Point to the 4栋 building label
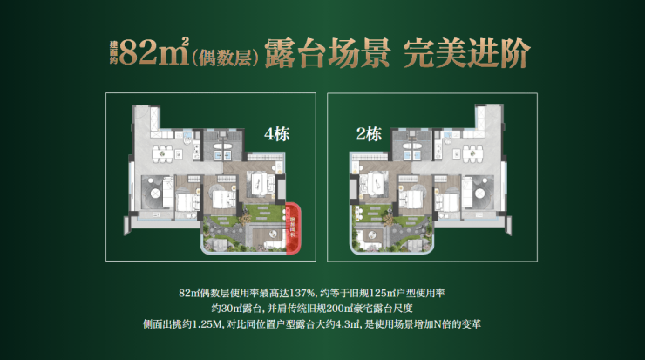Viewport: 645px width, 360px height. point(278,135)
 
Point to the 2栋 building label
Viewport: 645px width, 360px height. point(370,134)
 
